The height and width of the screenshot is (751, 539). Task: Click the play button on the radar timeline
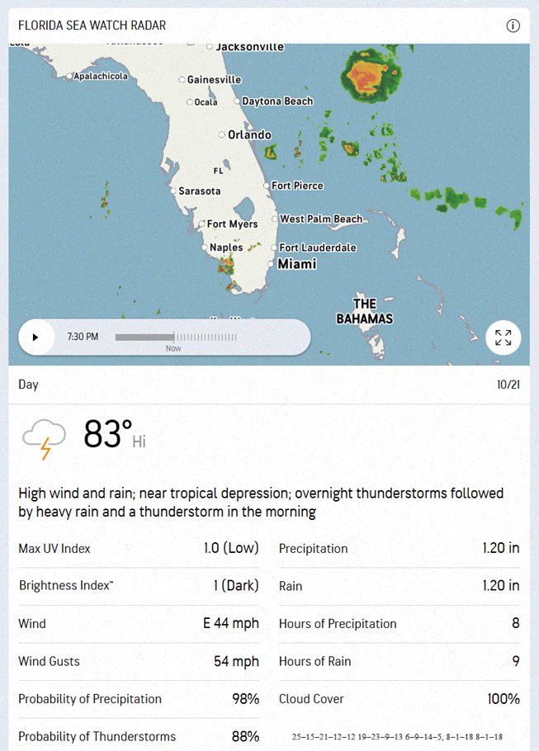35,337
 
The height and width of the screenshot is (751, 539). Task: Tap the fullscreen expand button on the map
503,337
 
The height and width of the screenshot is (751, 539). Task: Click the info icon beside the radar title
513,26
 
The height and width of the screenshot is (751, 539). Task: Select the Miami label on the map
296,264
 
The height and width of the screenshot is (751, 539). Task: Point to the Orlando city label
249,135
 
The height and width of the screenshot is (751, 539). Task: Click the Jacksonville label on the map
249,47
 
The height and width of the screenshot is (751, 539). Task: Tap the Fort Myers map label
232,224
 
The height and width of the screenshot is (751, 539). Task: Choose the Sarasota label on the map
200,191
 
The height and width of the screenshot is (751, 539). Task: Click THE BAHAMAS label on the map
365,311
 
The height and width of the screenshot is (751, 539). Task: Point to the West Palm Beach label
321,219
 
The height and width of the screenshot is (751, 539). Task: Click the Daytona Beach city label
277,102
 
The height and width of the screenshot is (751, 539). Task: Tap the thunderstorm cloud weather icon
45,437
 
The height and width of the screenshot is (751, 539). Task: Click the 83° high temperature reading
107,434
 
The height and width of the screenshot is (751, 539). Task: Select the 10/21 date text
508,385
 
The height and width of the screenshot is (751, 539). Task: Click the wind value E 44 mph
231,623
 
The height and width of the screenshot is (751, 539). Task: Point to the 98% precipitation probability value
245,699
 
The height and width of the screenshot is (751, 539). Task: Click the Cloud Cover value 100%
504,699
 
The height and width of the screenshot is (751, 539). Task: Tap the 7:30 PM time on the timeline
82,337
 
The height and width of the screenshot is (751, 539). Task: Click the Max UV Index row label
54,548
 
